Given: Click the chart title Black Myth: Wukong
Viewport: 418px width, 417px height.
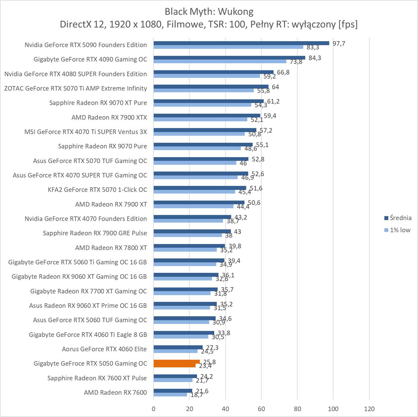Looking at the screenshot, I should (x=209, y=11).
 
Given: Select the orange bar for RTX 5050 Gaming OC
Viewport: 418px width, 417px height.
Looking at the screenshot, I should (x=176, y=362).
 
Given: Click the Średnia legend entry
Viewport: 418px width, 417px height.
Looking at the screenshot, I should (x=400, y=218).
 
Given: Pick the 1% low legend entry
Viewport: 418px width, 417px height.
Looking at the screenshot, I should (x=400, y=230).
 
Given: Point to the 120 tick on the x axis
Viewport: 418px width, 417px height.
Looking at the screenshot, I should (x=369, y=409).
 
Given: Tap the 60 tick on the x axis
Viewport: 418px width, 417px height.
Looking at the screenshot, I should (x=261, y=409).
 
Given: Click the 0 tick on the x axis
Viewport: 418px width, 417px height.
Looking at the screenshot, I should (x=154, y=409).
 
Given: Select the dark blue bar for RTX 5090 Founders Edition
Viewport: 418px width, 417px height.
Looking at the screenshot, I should (x=241, y=43).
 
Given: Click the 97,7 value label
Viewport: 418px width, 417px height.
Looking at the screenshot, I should (x=339, y=43).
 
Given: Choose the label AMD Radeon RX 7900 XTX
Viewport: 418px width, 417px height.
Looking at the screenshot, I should (x=109, y=118).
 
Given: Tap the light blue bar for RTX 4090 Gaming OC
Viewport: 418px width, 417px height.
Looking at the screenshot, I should (x=220, y=62).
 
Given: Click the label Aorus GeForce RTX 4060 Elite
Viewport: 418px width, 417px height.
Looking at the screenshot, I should (x=104, y=349).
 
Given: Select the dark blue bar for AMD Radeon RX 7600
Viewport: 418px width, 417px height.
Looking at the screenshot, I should (x=173, y=391).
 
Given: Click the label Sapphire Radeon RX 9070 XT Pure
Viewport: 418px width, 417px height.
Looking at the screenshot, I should (x=98, y=103).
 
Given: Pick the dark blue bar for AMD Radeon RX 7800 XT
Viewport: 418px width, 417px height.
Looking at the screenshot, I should (x=189, y=246).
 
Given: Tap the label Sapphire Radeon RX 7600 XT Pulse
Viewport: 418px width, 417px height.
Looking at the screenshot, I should (x=97, y=378).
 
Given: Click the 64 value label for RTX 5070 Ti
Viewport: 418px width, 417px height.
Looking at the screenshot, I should (x=275, y=87).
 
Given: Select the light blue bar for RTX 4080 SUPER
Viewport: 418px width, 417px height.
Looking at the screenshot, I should (x=207, y=76).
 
